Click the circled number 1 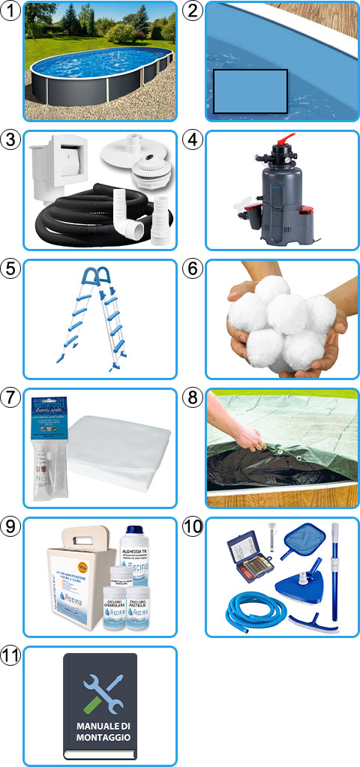tap(11, 11)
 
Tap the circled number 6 tap(193, 268)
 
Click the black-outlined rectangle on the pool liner tap(250, 91)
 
